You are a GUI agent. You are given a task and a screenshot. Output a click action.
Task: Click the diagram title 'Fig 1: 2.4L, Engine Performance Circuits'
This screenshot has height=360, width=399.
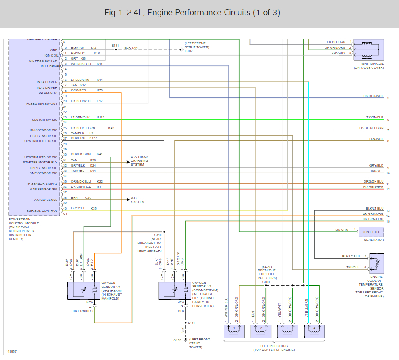pyautogui.click(x=192, y=13)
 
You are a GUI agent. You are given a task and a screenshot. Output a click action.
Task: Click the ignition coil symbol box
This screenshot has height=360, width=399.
pyautogui.click(x=369, y=49)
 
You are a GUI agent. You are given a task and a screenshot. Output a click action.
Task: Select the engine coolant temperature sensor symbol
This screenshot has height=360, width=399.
pyautogui.click(x=376, y=263)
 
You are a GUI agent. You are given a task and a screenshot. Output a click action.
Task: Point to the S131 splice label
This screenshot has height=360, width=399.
pyautogui.click(x=115, y=45)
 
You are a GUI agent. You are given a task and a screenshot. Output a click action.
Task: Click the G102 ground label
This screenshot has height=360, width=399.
pyautogui.click(x=188, y=51)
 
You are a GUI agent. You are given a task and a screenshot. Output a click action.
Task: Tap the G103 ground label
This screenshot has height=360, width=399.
pyautogui.click(x=177, y=340)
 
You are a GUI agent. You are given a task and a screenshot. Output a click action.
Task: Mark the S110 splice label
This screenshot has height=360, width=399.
pyautogui.click(x=158, y=235)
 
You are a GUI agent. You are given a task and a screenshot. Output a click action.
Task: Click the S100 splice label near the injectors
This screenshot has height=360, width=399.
pyautogui.click(x=266, y=282)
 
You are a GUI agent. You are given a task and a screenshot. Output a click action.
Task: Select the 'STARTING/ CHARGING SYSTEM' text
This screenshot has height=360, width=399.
pyautogui.click(x=140, y=160)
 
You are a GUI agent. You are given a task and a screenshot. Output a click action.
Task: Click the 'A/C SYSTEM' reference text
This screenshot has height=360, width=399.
pyautogui.click(x=137, y=200)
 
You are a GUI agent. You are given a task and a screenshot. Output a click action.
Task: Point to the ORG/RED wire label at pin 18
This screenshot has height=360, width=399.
pyautogui.click(x=78, y=90)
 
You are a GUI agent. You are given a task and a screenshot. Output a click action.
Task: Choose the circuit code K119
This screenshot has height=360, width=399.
pyautogui.click(x=101, y=117)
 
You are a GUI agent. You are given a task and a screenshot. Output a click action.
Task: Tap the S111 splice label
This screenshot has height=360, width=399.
pyautogui.click(x=192, y=323)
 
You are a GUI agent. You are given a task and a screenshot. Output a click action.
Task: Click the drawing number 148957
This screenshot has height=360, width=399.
pyautogui.click(x=11, y=351)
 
